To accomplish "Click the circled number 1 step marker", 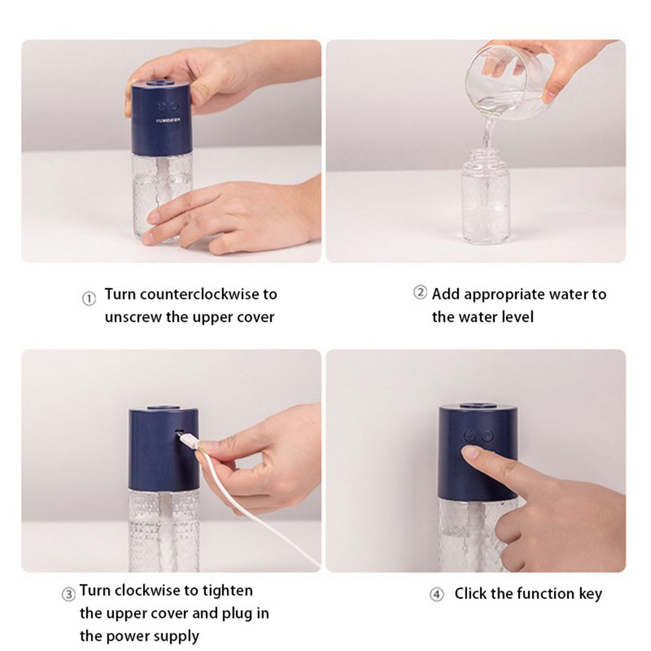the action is tap(89, 298).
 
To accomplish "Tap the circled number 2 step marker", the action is tap(420, 292).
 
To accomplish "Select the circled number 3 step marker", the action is tap(68, 594).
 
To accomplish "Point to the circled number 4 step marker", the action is tap(437, 594).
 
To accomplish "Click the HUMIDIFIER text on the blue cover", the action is tap(168, 120).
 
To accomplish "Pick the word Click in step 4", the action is tap(470, 593).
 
